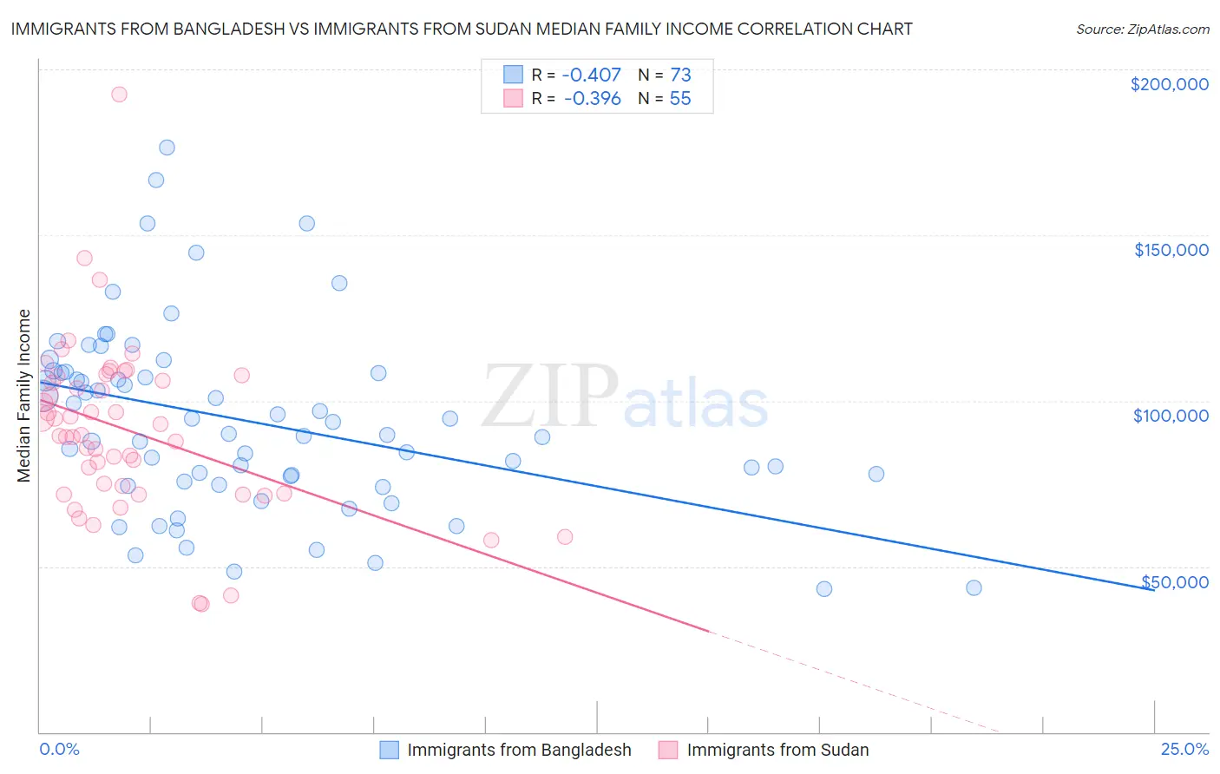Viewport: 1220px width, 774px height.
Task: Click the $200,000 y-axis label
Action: click(x=1169, y=84)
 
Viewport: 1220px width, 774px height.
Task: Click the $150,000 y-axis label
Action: click(x=1171, y=250)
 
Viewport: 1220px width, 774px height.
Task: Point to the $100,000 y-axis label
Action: click(x=1171, y=416)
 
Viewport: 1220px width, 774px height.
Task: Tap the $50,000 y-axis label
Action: click(x=1175, y=581)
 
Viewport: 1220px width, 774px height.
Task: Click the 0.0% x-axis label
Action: click(x=59, y=750)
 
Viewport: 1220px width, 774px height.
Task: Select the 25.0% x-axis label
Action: click(x=1184, y=750)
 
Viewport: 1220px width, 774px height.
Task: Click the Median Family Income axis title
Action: click(x=24, y=396)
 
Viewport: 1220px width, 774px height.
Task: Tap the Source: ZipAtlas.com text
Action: click(x=1142, y=29)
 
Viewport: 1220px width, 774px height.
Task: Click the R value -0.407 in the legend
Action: click(x=593, y=75)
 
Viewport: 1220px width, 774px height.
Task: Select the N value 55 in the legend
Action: click(x=680, y=99)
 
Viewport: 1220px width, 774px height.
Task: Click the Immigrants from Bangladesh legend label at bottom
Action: click(x=519, y=750)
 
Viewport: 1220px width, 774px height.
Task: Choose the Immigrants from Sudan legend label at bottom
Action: click(x=777, y=750)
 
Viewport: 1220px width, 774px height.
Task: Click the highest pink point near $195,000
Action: click(x=119, y=95)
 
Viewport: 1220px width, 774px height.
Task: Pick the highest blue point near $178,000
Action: click(x=167, y=148)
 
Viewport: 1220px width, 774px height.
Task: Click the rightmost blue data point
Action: click(x=974, y=588)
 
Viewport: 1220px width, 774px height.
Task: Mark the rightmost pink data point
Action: click(x=565, y=537)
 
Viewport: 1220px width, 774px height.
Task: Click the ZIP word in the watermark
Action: click(x=550, y=396)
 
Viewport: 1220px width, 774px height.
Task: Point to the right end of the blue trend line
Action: click(x=1153, y=589)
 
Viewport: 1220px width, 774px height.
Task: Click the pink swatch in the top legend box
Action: click(x=513, y=99)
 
